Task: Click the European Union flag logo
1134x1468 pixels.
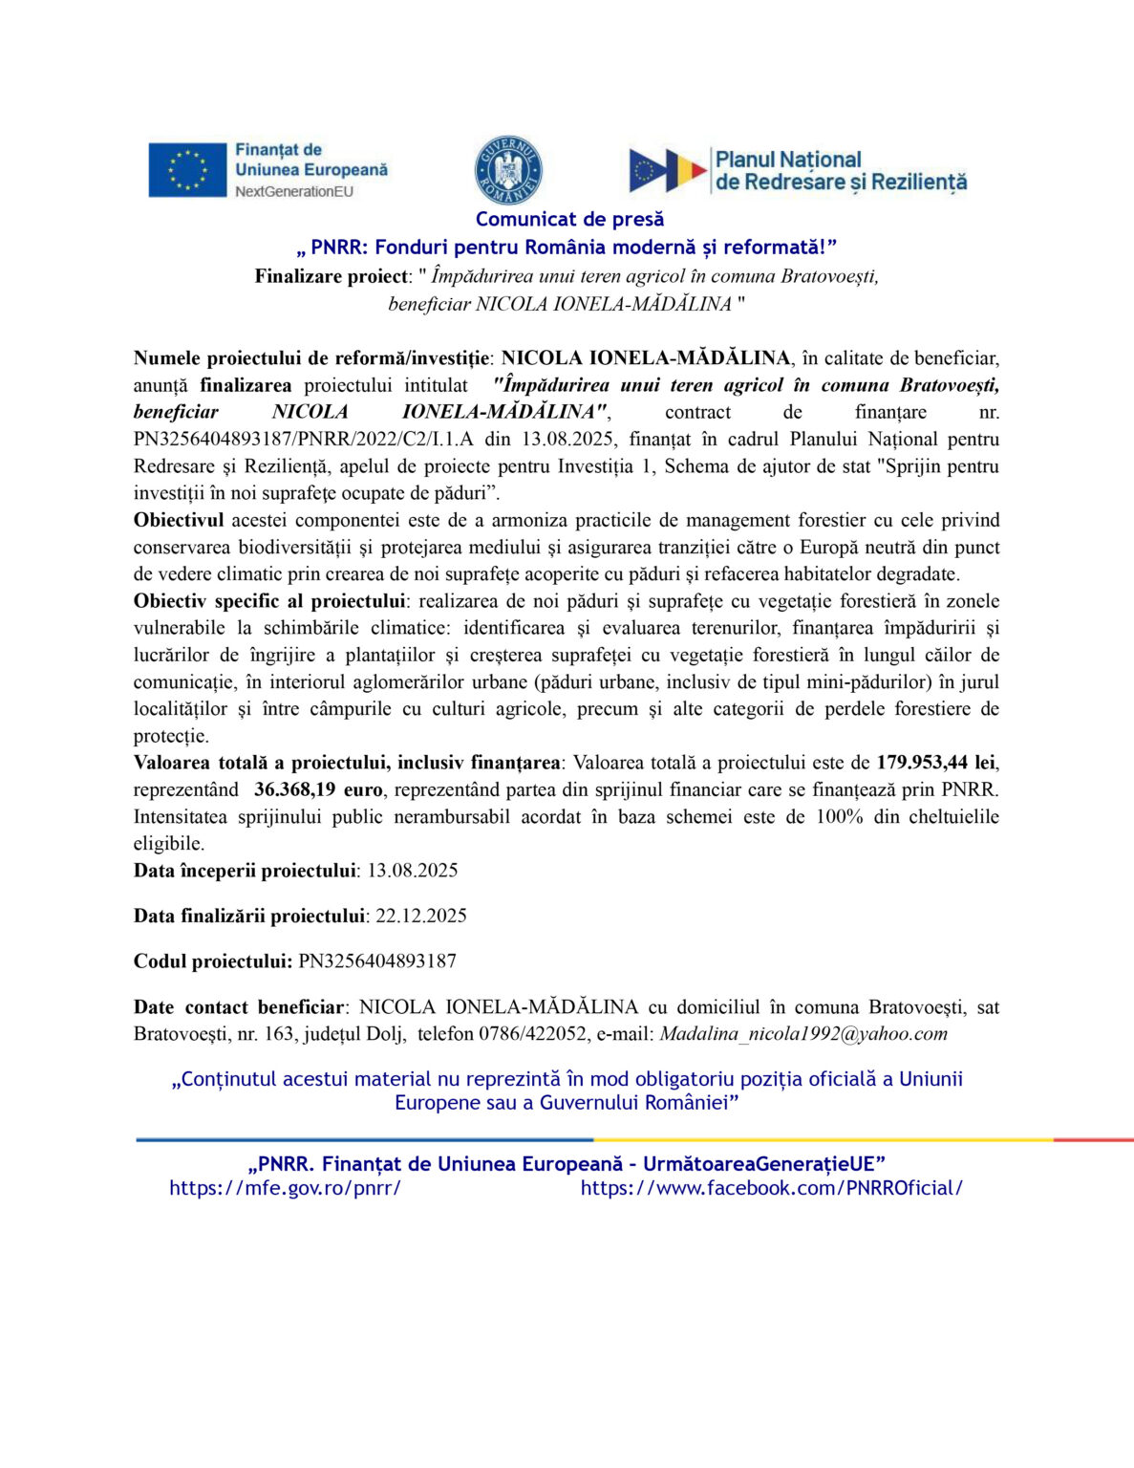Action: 187,170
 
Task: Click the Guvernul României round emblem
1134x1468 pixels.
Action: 508,170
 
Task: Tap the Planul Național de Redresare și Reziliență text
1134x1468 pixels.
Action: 841,171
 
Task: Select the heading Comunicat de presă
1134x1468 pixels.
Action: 569,220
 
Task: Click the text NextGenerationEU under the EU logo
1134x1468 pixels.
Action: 294,191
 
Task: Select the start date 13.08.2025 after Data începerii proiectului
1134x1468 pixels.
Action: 413,871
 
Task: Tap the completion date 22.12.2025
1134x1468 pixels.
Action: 421,916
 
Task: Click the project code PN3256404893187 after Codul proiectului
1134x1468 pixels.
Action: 377,961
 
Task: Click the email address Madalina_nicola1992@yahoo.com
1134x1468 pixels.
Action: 803,1034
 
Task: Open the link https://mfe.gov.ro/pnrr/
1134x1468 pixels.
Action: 285,1188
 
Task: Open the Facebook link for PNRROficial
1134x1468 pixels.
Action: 771,1188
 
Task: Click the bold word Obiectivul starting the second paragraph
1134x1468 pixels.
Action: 179,520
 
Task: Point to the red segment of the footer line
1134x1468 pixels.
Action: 1093,1139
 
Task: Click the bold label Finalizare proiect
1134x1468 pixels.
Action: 331,276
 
